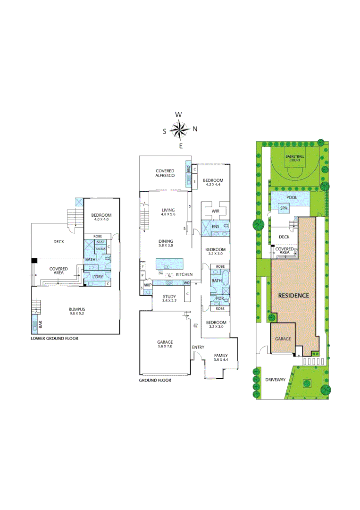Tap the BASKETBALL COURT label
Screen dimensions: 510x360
[x=295, y=158]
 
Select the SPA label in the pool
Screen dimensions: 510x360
[x=284, y=207]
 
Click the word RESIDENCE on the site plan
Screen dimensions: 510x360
[x=293, y=295]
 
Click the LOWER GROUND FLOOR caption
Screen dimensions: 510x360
[x=54, y=339]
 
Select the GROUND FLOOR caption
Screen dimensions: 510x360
[x=155, y=380]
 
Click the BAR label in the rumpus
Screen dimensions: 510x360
[x=40, y=325]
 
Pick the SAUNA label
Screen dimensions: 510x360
[x=100, y=249]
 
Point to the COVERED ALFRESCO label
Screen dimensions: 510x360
[x=165, y=173]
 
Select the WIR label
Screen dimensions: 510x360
[x=215, y=211]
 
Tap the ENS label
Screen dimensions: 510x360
[x=215, y=227]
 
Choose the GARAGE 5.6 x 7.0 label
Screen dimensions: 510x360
[x=165, y=344]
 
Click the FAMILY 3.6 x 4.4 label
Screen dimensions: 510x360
[x=220, y=357]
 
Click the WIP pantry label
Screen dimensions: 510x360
[x=147, y=285]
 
